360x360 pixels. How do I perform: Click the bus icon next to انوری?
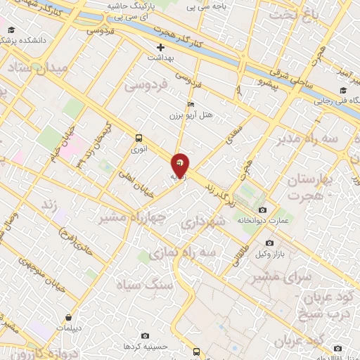(139, 138)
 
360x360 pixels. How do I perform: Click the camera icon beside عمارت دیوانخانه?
(262, 210)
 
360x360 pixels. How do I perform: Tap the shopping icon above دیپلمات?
(68, 317)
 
